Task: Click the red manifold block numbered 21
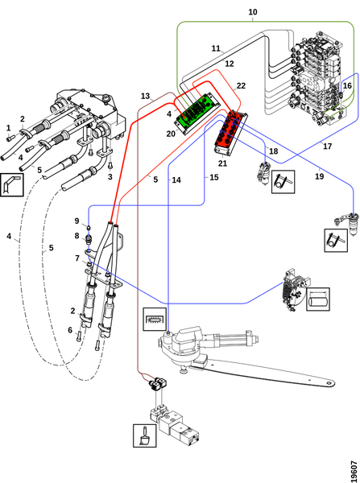click(x=230, y=131)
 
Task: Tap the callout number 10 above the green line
click(x=252, y=12)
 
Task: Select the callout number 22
click(x=241, y=85)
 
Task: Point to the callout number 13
click(x=145, y=97)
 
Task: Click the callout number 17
click(x=327, y=146)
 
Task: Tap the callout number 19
click(x=319, y=176)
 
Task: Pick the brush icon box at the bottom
click(x=145, y=436)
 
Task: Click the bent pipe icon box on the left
click(x=12, y=184)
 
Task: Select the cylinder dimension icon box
click(x=318, y=299)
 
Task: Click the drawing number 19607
click(x=354, y=470)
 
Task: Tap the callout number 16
click(x=347, y=85)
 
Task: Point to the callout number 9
click(x=77, y=221)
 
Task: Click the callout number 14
click(x=176, y=180)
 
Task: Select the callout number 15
click(x=214, y=177)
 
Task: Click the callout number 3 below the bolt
click(x=110, y=177)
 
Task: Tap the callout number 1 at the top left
click(x=8, y=127)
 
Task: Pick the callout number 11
click(x=216, y=48)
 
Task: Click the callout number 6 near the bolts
click(x=70, y=330)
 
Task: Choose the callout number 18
click(x=273, y=151)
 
